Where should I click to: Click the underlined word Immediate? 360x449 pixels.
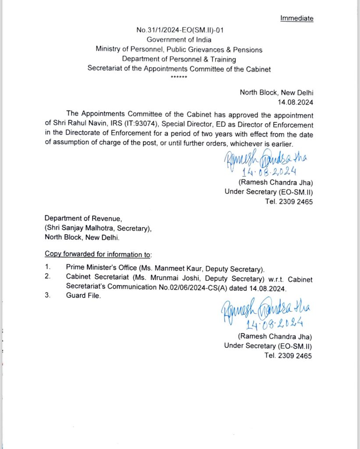coord(297,18)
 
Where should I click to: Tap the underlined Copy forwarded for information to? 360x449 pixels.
coord(98,254)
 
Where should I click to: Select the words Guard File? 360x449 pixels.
coord(83,296)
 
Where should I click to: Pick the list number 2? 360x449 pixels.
coord(47,277)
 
